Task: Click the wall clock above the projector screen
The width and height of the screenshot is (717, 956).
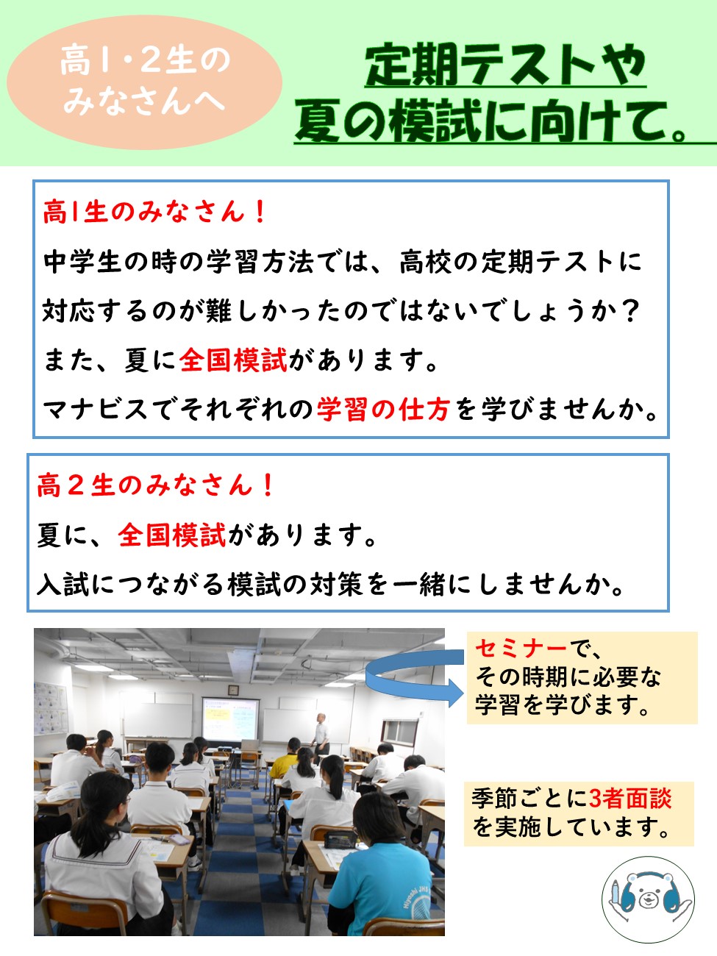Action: coord(233,691)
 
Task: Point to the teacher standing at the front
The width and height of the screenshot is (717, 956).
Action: coord(321,733)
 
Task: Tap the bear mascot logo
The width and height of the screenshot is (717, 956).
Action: coord(648,899)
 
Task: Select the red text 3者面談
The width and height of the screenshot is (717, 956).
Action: coord(630,798)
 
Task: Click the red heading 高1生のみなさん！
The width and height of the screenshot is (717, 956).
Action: coord(154,212)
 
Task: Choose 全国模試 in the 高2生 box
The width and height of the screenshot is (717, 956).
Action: coord(172,535)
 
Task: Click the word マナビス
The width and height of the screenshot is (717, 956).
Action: coord(96,410)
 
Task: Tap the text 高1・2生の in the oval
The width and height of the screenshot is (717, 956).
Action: coord(145,61)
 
